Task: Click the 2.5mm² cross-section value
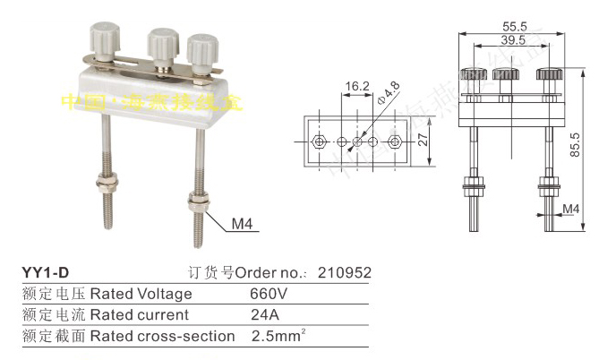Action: pos(273,336)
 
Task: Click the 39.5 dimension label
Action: pos(512,41)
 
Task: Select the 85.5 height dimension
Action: pos(589,141)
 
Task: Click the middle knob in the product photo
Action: pos(162,41)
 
